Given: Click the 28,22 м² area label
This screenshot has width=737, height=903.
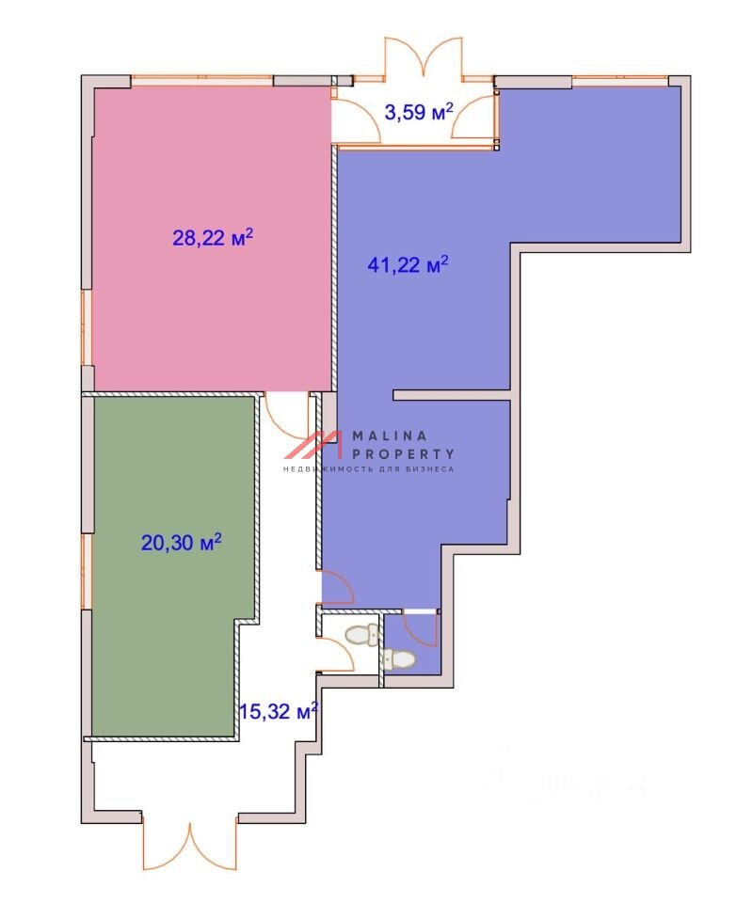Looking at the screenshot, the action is coord(213,237).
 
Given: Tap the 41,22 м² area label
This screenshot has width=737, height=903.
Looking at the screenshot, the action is coord(408,265).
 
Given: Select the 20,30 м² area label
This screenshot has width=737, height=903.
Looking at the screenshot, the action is coord(182,542).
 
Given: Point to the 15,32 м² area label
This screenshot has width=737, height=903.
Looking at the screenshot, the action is coord(279,711).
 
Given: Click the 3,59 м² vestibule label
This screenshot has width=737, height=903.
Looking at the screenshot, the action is coord(419,112).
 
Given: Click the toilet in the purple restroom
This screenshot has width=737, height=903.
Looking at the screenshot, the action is coord(397,659).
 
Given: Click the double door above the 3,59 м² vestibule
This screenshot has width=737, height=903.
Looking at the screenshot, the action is coord(424,57).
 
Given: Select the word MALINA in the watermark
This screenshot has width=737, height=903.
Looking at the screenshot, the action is coord(390,436).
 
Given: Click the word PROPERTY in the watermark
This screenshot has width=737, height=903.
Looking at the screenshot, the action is coord(404,454).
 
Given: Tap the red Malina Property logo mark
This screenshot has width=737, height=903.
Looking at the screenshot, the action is coord(313,445).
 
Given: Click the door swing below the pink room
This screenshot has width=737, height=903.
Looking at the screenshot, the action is coord(286,415).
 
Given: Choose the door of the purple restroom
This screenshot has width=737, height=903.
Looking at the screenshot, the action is coord(420,629).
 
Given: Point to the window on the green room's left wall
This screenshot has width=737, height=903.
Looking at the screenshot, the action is coord(87,572).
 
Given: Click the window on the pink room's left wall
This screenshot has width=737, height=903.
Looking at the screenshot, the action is coord(87,327).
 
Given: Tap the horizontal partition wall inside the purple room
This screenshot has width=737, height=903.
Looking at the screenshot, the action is coord(453,395).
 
